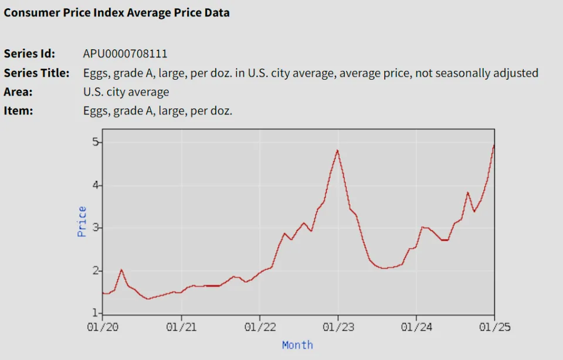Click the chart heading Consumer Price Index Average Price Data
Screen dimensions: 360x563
point(117,12)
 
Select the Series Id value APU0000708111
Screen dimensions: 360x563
point(125,54)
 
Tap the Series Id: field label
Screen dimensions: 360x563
point(29,54)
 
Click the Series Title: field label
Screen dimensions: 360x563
point(36,73)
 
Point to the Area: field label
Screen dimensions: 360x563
point(18,92)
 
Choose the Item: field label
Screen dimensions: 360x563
point(18,111)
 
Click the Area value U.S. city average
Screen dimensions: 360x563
point(126,92)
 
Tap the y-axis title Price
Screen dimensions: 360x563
point(82,221)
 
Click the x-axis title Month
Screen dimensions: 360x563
point(297,345)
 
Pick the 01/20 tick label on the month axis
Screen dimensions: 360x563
point(102,327)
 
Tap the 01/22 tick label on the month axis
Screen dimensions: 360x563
point(259,327)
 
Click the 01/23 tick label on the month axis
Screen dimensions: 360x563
point(338,327)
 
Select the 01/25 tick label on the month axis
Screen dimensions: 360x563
point(494,327)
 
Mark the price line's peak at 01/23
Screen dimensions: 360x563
point(337,151)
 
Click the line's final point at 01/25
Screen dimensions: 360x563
point(494,145)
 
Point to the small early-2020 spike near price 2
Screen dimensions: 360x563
point(121,270)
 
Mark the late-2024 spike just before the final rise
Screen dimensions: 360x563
point(467,192)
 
